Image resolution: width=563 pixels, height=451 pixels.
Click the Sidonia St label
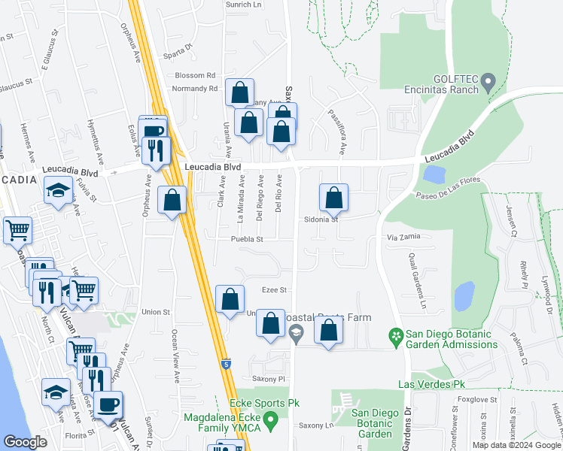click(325, 220)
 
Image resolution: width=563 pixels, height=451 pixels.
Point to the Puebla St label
click(246, 240)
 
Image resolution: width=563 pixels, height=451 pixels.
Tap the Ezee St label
click(275, 289)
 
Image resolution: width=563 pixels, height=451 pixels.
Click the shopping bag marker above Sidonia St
click(333, 198)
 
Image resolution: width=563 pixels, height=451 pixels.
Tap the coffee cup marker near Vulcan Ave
click(108, 405)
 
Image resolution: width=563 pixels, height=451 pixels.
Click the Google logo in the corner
click(26, 442)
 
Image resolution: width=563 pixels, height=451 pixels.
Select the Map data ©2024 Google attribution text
click(516, 445)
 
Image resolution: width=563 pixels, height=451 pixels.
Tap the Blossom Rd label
click(195, 76)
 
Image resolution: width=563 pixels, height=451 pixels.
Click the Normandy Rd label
click(194, 89)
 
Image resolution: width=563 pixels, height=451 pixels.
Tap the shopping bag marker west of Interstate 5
click(172, 201)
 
